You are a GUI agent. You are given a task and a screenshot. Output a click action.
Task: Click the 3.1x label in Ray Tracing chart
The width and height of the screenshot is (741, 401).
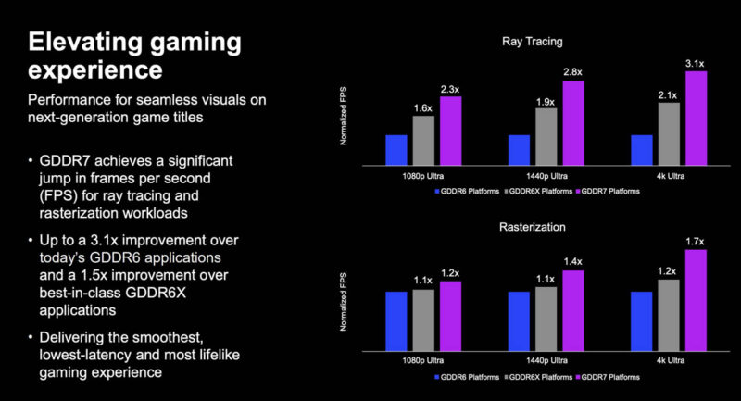[695, 64]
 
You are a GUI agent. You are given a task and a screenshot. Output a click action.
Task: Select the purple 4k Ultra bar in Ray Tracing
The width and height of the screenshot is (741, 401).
[696, 116]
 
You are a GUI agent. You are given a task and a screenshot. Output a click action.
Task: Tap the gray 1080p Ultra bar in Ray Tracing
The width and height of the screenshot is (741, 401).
[423, 138]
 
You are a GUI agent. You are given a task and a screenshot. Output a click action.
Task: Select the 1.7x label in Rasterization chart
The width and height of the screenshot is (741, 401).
[695, 243]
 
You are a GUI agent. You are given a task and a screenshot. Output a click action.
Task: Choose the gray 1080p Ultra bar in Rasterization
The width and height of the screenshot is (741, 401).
[423, 316]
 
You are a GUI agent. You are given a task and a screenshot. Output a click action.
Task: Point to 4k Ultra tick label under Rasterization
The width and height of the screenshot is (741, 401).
[668, 357]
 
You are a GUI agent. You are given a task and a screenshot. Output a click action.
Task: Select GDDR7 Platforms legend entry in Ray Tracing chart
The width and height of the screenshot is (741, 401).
[609, 191]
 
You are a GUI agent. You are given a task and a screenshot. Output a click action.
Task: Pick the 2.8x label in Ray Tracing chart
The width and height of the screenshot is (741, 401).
[572, 72]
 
